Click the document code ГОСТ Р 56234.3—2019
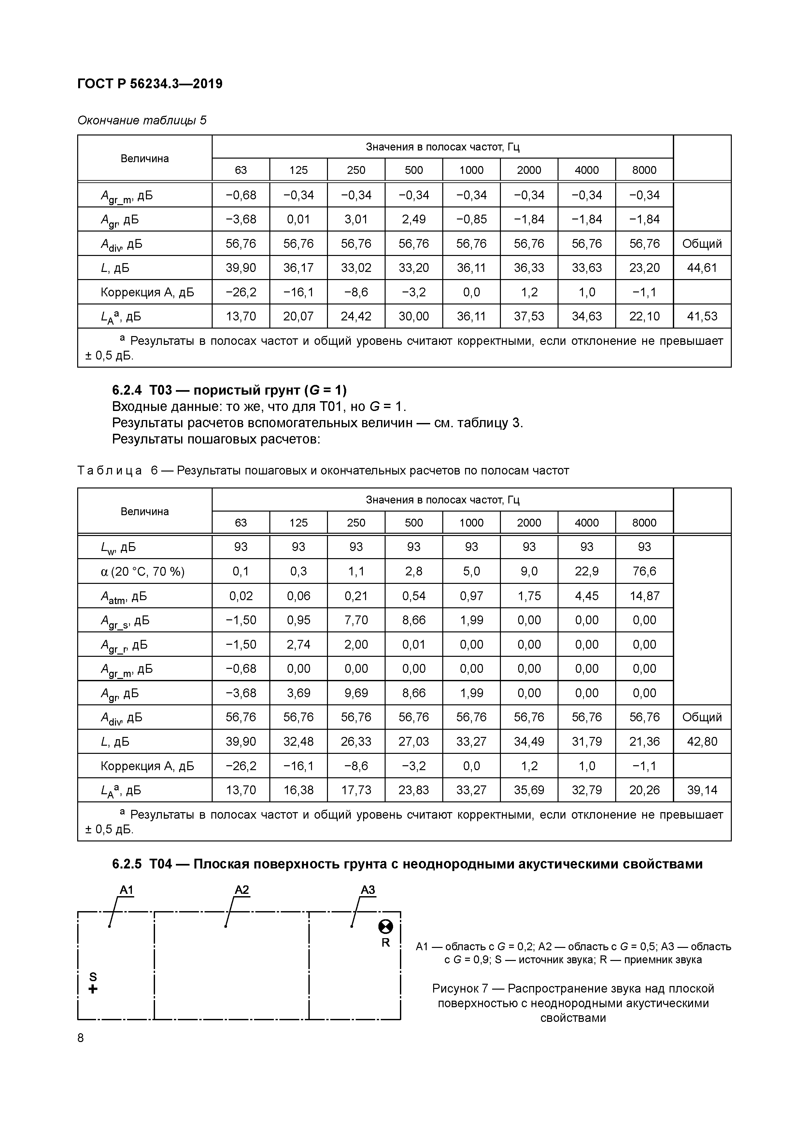pos(150,84)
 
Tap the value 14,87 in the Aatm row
pos(644,596)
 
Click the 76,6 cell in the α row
pos(644,571)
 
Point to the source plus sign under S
pos(92,989)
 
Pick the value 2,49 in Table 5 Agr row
pos(414,219)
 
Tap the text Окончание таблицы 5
pos(142,120)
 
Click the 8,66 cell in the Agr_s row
pos(414,620)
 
